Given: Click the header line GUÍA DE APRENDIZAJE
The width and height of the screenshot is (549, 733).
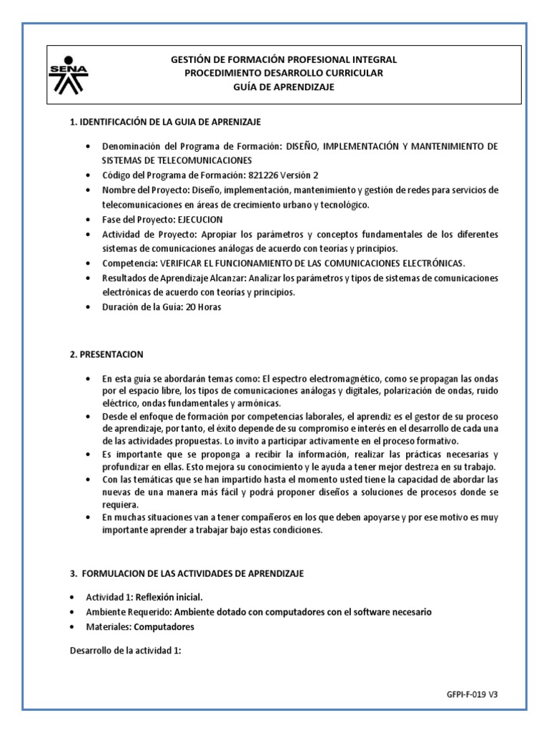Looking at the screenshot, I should (284, 87).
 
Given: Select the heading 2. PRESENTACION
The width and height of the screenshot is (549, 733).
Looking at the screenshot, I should (107, 354).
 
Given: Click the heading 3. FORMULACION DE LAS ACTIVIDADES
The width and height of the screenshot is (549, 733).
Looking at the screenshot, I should (187, 573).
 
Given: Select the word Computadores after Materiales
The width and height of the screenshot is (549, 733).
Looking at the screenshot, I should (164, 626).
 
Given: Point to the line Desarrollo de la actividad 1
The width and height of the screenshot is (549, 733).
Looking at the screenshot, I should (127, 651).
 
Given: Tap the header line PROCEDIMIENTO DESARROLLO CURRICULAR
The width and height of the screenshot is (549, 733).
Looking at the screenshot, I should (284, 74).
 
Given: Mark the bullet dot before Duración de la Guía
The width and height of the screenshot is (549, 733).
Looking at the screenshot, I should (87, 307).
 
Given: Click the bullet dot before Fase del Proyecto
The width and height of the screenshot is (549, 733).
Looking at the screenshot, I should (87, 220).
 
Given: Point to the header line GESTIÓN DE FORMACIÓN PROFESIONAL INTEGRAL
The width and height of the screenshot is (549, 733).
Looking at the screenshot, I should (284, 60).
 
